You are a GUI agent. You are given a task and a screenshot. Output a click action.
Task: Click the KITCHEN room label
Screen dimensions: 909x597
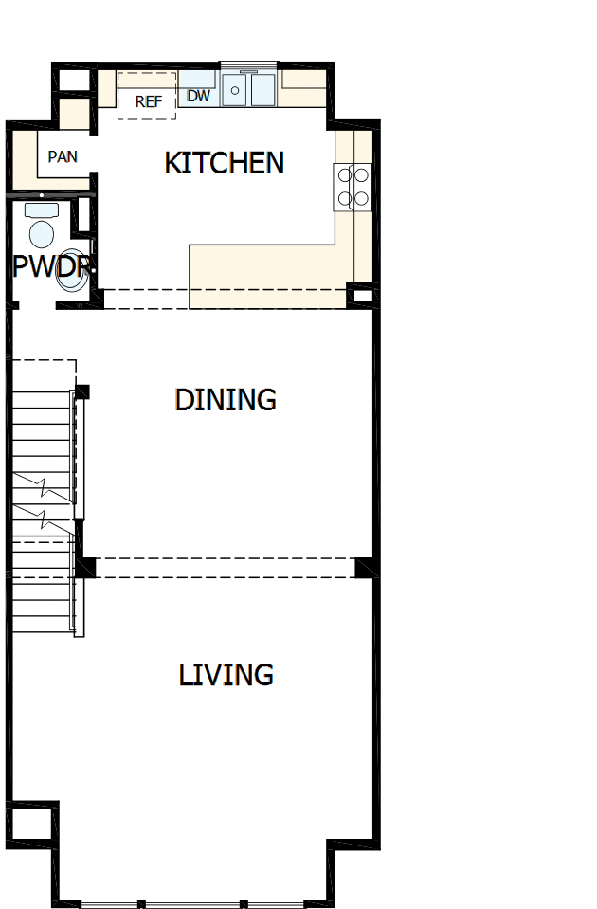[x=225, y=163]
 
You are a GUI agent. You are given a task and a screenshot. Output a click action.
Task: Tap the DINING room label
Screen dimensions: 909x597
[x=226, y=400]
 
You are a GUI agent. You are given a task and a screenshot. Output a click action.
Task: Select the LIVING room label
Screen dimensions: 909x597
[x=226, y=675]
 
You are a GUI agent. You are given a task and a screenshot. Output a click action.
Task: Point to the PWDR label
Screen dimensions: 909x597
[x=50, y=267]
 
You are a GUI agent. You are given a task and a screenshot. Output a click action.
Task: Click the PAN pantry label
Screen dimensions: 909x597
[x=63, y=156]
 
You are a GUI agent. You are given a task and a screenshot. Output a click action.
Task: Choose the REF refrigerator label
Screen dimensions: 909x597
[x=148, y=101]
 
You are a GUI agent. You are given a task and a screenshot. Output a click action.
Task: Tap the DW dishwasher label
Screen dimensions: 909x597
[x=198, y=96]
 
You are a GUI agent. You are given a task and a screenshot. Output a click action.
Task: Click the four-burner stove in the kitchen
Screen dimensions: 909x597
[x=352, y=186]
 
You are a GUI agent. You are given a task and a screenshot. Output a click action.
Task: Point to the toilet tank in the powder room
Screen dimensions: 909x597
[x=42, y=209]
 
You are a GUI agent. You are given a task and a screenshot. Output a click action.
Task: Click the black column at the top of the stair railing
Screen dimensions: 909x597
[x=82, y=391]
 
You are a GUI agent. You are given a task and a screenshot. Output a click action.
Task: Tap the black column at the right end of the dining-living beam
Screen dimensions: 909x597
[x=365, y=567]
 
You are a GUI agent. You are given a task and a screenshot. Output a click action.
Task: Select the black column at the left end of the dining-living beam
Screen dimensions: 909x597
[x=85, y=567]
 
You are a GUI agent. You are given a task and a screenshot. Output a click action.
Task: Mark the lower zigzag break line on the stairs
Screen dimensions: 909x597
[x=44, y=518]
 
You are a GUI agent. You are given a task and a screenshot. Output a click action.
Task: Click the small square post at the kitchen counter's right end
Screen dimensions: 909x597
[x=361, y=296]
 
